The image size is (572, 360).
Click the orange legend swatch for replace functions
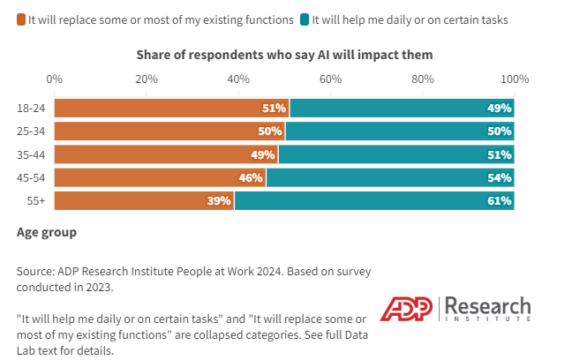tap(21, 18)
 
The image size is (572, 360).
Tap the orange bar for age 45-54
tap(160, 177)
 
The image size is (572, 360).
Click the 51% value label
tap(275, 109)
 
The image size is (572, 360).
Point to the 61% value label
tap(500, 200)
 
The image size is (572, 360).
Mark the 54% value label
tap(500, 177)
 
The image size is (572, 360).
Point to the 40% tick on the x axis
tap(238, 79)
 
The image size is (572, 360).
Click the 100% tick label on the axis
tap(514, 79)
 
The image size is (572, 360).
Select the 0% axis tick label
tap(55, 79)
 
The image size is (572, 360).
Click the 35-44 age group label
tap(32, 154)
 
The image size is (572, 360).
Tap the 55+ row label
tap(36, 200)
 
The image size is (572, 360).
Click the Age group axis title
tap(47, 233)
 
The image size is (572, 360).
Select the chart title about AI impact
tap(284, 55)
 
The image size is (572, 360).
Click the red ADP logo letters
tap(408, 310)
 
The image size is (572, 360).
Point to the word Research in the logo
tap(488, 306)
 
